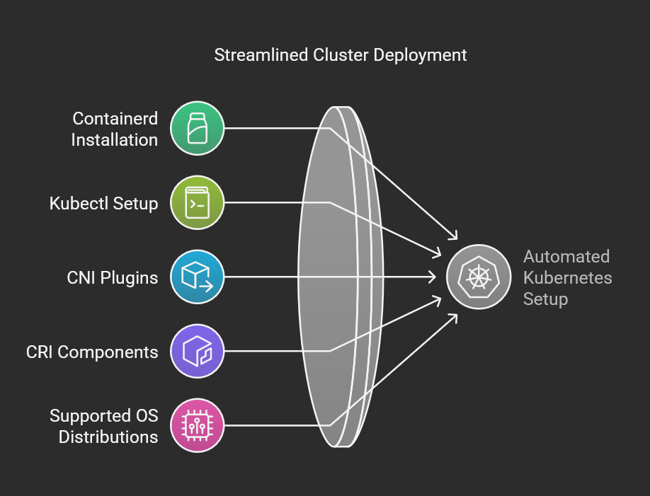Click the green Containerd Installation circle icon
pos(198,128)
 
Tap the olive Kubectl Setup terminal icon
pos(198,202)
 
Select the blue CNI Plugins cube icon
pos(198,277)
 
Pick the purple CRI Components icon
pos(198,351)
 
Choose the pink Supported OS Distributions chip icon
pos(198,425)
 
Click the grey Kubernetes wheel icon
pos(479,277)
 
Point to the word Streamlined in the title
pos(261,55)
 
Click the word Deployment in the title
pos(420,56)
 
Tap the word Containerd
pos(115,118)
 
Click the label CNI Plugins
pos(113,278)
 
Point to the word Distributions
pos(108,437)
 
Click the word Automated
pos(566,257)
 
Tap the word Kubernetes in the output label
pos(567,277)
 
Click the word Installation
pos(115,139)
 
